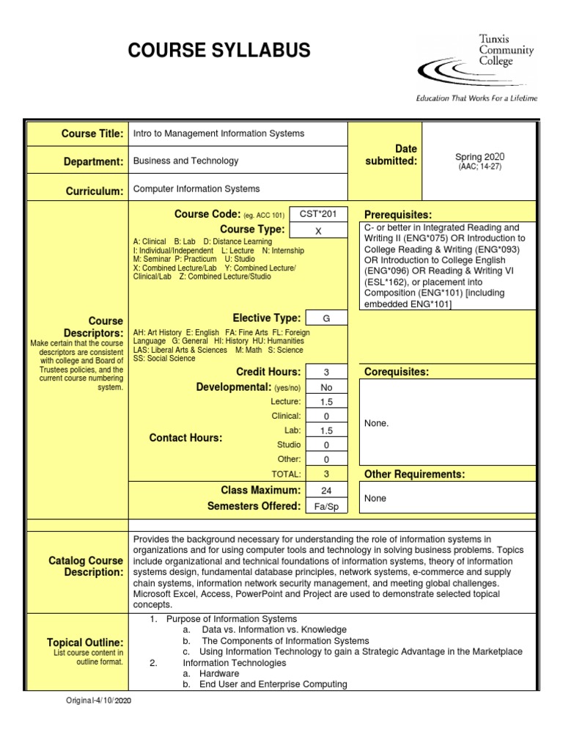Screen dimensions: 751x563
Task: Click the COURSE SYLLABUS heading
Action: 219,51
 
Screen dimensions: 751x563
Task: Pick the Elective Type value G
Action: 326,318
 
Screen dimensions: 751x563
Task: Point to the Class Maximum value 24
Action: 326,490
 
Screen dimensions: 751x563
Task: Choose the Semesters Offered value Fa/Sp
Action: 326,506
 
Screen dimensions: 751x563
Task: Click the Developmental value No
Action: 326,387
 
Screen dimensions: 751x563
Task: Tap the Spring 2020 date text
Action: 480,157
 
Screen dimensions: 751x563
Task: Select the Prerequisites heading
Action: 398,214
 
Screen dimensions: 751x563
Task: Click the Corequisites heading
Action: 397,372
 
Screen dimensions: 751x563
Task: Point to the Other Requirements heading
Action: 414,475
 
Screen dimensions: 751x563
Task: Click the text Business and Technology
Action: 185,161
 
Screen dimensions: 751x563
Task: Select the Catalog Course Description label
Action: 86,566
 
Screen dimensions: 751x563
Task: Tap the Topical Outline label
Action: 85,642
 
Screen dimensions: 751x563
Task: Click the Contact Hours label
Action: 185,438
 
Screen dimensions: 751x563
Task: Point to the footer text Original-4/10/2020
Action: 100,700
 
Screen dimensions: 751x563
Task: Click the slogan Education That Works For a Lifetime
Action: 476,98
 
